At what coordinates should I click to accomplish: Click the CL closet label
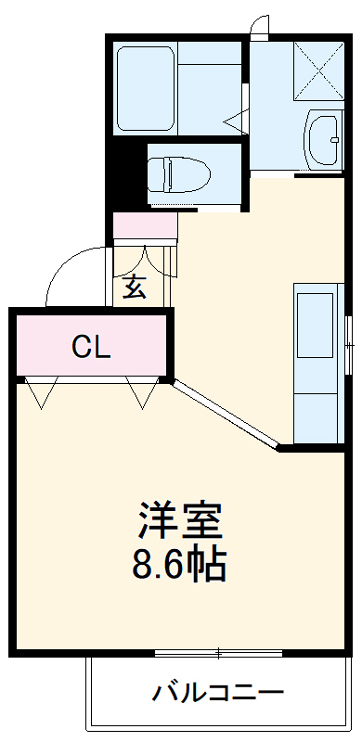coord(92,348)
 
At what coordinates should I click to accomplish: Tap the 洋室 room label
coord(182,522)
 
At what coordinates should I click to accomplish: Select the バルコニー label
coord(219,692)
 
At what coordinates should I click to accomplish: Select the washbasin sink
coord(324,134)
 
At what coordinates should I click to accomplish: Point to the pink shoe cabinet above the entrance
coord(145,225)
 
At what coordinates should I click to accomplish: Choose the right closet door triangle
coord(145,394)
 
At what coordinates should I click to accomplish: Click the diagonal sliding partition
coord(226,415)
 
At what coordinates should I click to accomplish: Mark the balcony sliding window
coord(218,654)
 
